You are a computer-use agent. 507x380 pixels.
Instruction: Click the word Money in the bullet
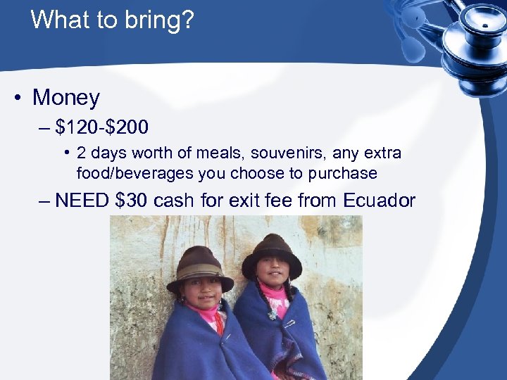pos(66,97)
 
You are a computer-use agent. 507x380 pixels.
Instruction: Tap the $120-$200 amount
pos(102,127)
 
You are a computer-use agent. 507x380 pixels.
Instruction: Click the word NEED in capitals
pos(82,201)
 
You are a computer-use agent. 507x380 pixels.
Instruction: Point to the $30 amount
pos(131,201)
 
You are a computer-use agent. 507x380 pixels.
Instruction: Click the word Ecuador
pos(380,201)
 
